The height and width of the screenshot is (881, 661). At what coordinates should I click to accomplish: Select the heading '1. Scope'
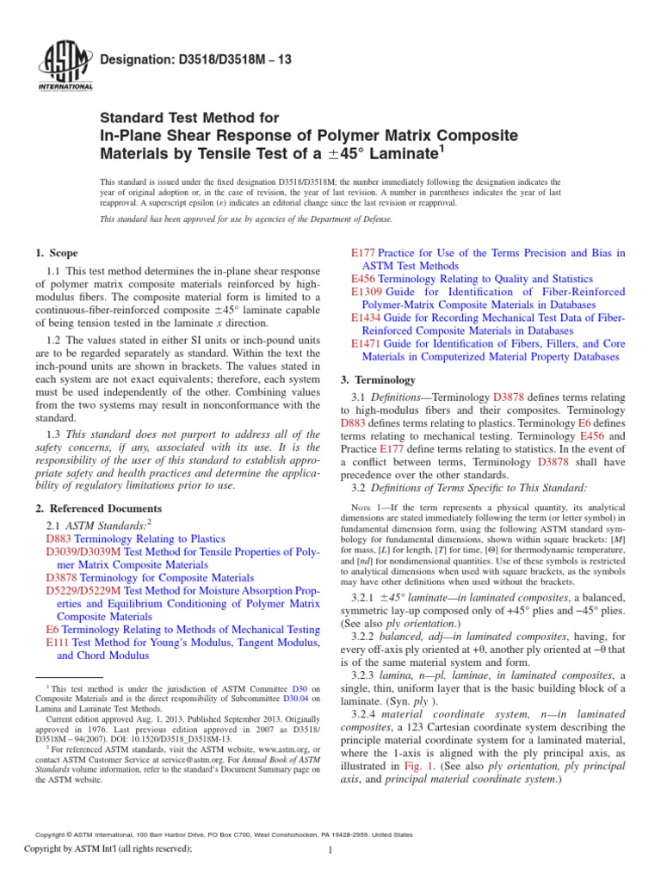(x=56, y=253)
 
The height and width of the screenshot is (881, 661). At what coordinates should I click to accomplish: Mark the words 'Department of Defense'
(x=350, y=219)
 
